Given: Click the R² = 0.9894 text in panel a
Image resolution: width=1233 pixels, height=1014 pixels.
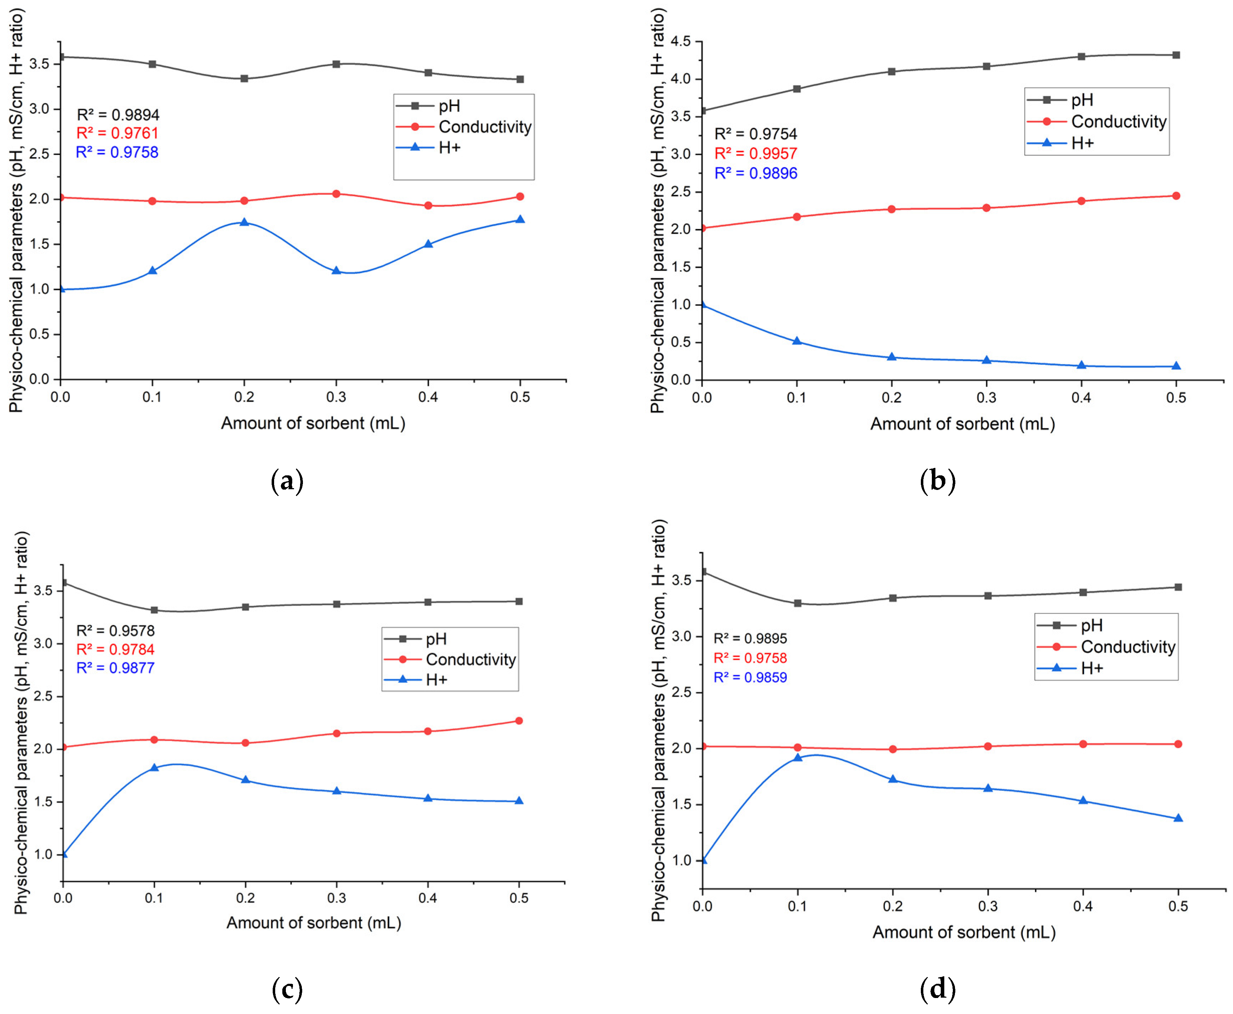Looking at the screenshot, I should click(x=118, y=114).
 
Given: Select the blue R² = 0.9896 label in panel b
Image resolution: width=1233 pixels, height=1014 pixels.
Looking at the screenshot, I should click(x=756, y=174).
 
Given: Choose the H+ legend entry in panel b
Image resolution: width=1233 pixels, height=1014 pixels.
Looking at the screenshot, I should click(x=1082, y=143).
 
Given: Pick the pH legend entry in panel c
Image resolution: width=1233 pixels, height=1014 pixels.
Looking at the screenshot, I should click(x=436, y=639).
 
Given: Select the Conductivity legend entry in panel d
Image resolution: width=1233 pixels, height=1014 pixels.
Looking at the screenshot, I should click(x=1127, y=647).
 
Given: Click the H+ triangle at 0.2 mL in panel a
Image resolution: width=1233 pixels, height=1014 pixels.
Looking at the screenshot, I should click(x=244, y=222).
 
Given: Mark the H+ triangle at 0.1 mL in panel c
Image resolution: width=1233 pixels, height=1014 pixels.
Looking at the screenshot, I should click(x=154, y=768).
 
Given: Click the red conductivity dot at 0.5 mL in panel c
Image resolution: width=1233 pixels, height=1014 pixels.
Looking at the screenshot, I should click(x=519, y=721).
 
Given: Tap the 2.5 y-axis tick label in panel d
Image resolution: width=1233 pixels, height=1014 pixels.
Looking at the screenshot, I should click(x=682, y=693).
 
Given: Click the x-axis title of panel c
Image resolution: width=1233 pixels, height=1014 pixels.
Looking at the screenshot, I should click(x=314, y=923).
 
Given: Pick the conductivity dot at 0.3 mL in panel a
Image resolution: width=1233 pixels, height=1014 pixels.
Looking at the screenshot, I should click(x=336, y=194).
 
